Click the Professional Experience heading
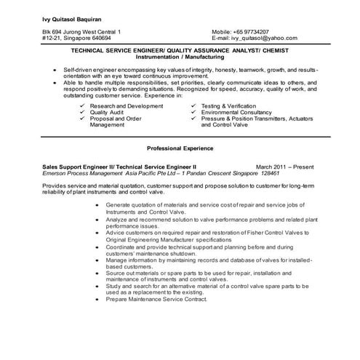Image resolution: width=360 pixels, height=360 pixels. click(x=180, y=148)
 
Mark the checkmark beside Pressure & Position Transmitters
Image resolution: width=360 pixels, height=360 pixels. click(x=193, y=119)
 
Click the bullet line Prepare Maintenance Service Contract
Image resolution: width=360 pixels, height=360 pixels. click(x=167, y=299)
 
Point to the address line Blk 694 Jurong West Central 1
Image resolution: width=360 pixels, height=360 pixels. click(x=81, y=32)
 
